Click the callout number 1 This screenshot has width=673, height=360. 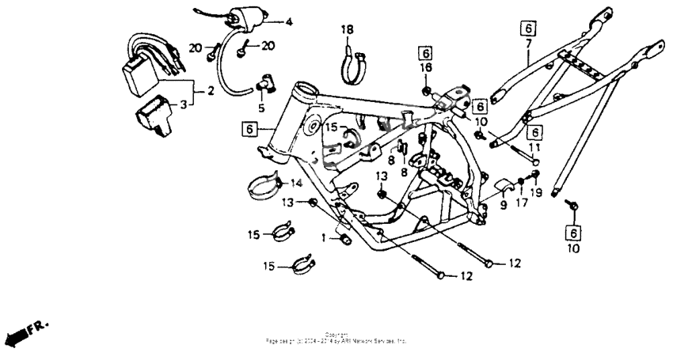[323, 237]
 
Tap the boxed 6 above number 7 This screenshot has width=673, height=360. [528, 29]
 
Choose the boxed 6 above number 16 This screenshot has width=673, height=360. [425, 53]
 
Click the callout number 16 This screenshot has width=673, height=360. [425, 69]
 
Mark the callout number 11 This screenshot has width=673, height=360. [534, 148]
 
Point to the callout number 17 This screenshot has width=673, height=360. [521, 203]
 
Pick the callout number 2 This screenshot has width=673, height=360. [211, 92]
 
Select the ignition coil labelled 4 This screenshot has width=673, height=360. [241, 19]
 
